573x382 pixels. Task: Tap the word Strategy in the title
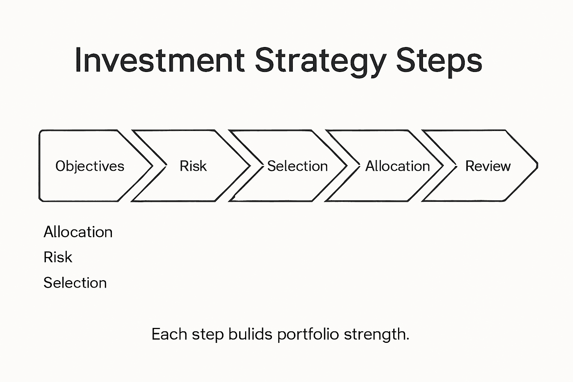[320, 62]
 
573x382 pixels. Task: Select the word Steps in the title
[439, 62]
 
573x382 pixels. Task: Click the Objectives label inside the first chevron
[90, 166]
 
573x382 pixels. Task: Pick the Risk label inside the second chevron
[193, 166]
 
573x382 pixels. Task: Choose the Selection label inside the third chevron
[297, 166]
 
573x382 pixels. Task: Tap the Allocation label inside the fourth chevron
[397, 166]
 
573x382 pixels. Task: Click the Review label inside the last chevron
[488, 166]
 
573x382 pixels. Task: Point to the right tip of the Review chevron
[537, 165]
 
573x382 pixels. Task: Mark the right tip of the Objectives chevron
[152, 165]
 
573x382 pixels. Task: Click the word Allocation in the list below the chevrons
[78, 232]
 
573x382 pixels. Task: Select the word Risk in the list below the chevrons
[58, 257]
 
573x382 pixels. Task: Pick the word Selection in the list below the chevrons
[75, 283]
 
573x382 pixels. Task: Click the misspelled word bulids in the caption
[250, 334]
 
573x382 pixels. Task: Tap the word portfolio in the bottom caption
[308, 334]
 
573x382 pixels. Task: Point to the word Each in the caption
[169, 334]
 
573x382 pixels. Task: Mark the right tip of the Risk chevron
[250, 165]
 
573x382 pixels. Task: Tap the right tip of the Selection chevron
[347, 165]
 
